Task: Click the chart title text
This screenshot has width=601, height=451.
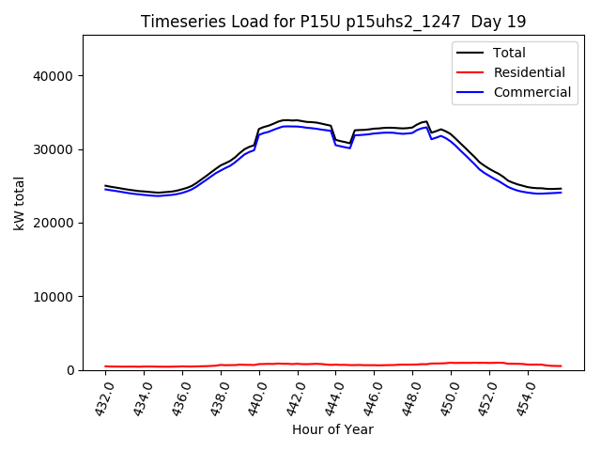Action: click(333, 22)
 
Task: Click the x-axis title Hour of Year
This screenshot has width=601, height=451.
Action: click(332, 429)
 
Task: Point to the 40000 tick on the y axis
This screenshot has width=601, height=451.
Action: click(56, 76)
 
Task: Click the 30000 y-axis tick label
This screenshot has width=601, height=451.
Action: click(56, 149)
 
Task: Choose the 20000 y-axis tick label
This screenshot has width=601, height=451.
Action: click(56, 223)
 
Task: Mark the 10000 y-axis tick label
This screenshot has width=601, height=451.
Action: click(56, 297)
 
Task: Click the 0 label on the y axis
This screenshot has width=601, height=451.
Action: click(70, 370)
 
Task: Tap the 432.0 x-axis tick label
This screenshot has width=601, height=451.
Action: click(100, 395)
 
